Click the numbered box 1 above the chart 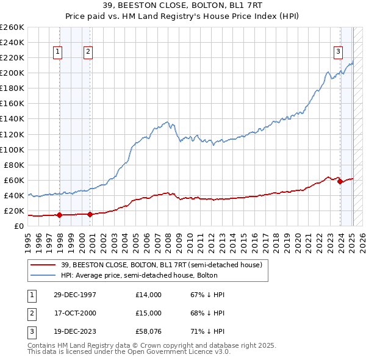coord(57,52)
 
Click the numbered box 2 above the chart coord(88,52)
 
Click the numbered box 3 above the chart coord(337,52)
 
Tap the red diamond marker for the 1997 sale coord(59,215)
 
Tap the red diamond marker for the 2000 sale coord(90,214)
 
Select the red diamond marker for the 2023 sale coord(340,181)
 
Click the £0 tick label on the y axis coord(18,226)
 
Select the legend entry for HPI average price coord(150,275)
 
